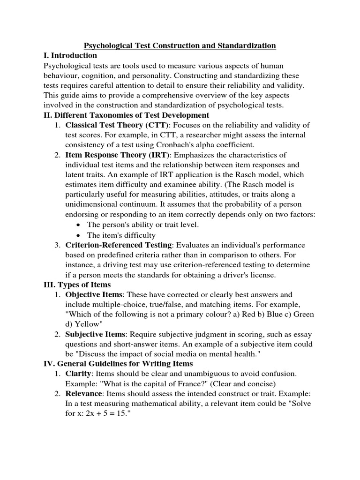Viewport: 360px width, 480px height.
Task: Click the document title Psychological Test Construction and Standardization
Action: pyautogui.click(x=180, y=45)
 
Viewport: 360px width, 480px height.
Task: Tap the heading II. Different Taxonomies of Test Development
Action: pyautogui.click(x=126, y=115)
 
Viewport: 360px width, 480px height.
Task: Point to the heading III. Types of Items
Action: pyautogui.click(x=76, y=285)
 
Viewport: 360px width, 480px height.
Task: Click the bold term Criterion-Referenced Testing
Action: pyautogui.click(x=119, y=245)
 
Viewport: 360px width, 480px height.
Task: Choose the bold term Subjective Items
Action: pyautogui.click(x=96, y=334)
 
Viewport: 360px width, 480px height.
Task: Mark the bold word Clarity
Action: pyautogui.click(x=78, y=373)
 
